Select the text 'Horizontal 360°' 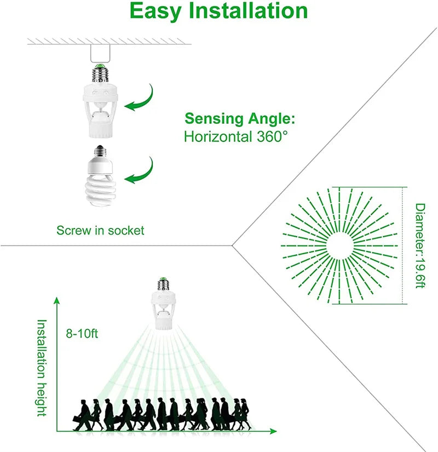pos(235,136)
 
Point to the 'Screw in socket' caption pos(100,230)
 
